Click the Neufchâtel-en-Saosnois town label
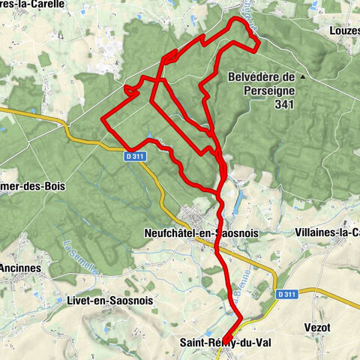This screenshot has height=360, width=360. pos(200,233)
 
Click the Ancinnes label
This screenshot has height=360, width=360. pos(20,268)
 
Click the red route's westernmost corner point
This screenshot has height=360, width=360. pos(102,118)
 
